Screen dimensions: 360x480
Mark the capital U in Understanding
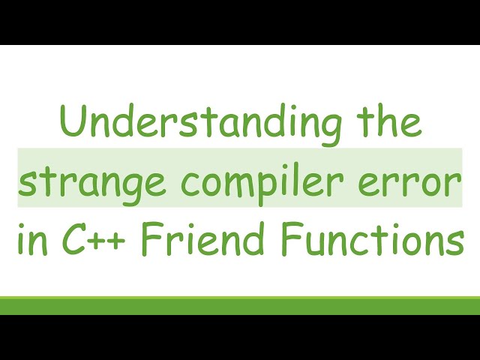pos(72,123)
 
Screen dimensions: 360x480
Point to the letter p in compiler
pos(255,187)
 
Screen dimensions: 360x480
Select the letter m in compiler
pos(223,184)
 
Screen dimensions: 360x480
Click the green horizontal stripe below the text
pos(240,304)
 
